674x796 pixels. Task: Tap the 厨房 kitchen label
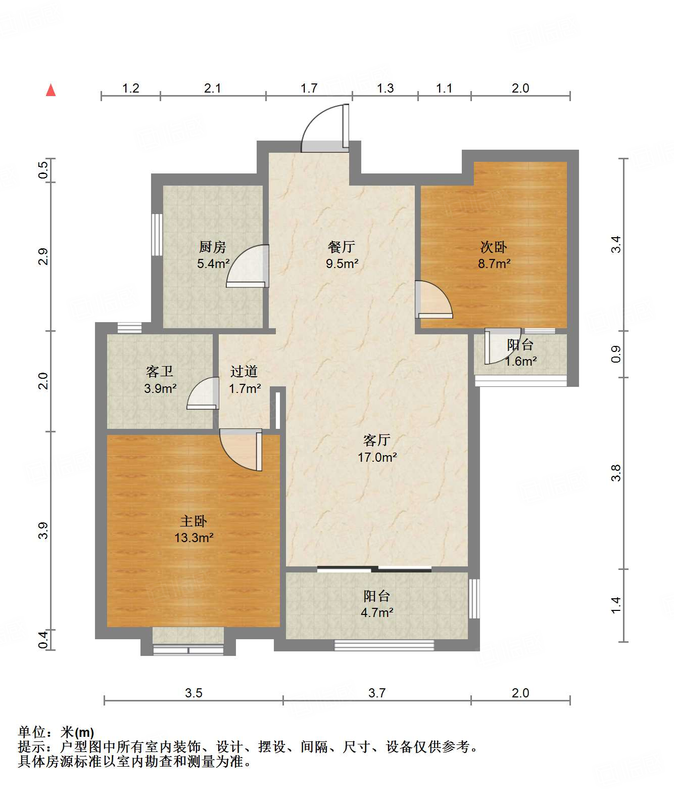tap(212, 247)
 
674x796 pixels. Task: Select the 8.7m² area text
tap(494, 264)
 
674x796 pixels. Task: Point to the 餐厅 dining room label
tap(341, 247)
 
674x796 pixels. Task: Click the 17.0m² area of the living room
tap(377, 457)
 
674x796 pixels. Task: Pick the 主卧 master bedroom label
tap(194, 521)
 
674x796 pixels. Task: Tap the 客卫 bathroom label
tap(160, 372)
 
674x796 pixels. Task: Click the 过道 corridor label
tap(244, 372)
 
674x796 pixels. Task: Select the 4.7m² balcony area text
tap(377, 612)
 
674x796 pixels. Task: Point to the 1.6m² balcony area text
tap(521, 361)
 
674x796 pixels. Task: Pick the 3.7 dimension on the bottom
tap(376, 693)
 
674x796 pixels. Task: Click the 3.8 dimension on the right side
tap(616, 473)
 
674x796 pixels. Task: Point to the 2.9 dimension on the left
tap(43, 256)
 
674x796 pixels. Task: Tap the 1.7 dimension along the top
tap(309, 88)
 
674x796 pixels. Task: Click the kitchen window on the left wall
tap(157, 235)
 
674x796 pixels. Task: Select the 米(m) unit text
tap(77, 732)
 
